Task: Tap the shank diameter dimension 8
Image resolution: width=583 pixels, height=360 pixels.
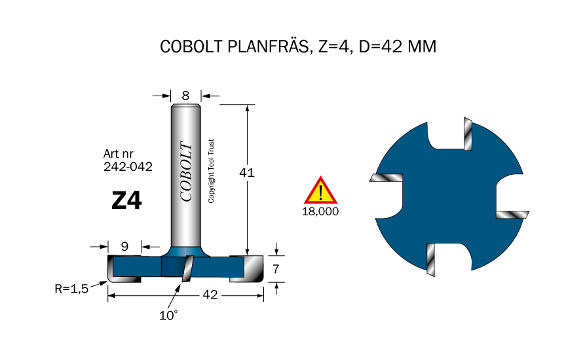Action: click(x=185, y=96)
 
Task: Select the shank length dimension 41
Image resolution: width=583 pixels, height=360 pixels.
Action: click(x=247, y=173)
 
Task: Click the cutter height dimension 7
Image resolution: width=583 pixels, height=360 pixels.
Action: click(x=276, y=268)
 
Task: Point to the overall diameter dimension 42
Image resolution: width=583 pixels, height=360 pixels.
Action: click(x=210, y=296)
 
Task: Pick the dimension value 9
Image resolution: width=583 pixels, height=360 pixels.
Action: click(x=124, y=247)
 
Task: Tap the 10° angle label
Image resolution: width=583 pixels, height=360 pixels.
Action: click(x=168, y=315)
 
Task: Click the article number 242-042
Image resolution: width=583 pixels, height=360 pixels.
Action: click(x=128, y=167)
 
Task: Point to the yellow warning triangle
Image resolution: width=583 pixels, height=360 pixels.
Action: click(x=320, y=192)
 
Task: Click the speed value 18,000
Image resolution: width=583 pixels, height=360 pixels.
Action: click(x=320, y=212)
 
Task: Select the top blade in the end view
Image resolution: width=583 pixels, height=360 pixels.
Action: click(x=468, y=134)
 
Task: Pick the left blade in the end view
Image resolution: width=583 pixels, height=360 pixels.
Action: click(x=386, y=177)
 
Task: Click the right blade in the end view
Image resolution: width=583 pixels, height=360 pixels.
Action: click(x=512, y=215)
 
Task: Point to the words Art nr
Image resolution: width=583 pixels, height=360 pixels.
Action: click(x=119, y=153)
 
